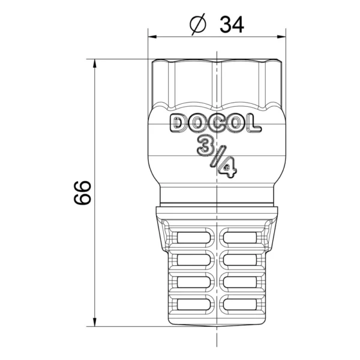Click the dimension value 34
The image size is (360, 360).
tap(232, 25)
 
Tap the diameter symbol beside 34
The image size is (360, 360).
tap(197, 25)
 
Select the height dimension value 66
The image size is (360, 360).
tap(83, 193)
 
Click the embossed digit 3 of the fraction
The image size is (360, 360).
tap(205, 145)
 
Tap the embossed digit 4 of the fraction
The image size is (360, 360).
tap(227, 169)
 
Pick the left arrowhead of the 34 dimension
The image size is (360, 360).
tap(152, 37)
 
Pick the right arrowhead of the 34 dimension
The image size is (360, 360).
tap(281, 37)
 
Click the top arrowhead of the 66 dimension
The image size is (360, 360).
tap(94, 64)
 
